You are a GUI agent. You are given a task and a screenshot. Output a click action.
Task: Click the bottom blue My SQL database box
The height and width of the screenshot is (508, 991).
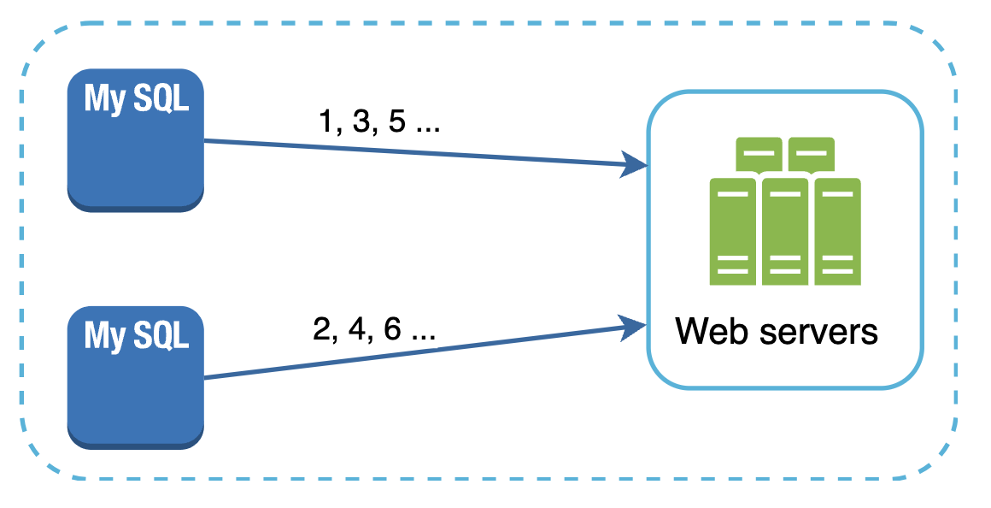tap(136, 376)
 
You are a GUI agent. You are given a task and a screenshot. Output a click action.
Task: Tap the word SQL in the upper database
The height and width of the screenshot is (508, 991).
tap(161, 100)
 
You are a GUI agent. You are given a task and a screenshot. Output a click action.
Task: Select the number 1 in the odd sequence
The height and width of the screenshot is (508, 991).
tap(325, 122)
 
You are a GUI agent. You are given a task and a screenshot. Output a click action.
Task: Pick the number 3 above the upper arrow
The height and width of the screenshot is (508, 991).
tap(360, 122)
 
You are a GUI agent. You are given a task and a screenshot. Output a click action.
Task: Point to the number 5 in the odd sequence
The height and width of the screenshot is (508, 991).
tap(396, 122)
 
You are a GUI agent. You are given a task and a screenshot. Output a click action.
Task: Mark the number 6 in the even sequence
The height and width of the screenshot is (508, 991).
tap(392, 330)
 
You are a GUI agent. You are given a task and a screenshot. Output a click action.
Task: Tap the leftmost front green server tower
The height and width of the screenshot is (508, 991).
tap(733, 231)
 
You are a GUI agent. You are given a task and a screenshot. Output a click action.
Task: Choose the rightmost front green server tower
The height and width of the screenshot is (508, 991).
tap(837, 231)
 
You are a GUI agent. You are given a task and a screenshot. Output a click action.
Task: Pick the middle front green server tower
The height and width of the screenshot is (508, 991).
tap(785, 231)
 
